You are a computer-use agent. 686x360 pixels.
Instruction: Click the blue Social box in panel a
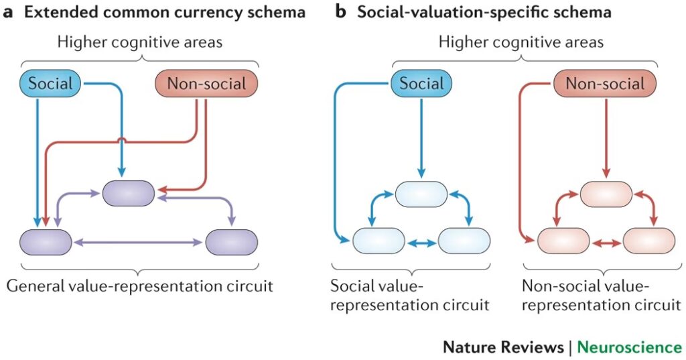click(x=51, y=84)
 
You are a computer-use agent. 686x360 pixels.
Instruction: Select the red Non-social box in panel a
click(x=206, y=84)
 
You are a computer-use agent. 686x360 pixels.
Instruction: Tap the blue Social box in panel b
click(x=421, y=83)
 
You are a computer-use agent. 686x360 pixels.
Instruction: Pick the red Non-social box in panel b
click(x=605, y=84)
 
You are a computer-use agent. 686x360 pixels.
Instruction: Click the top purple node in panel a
click(x=129, y=193)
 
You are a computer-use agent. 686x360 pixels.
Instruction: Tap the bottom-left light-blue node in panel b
click(x=379, y=241)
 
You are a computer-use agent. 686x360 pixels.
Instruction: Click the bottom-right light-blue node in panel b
click(x=464, y=241)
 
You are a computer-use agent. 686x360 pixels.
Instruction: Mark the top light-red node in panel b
click(x=606, y=194)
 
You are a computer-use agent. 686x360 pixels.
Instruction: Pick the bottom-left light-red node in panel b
click(x=563, y=241)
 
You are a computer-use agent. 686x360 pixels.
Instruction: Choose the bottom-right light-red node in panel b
click(x=648, y=241)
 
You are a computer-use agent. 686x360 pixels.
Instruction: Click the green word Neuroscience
click(x=629, y=347)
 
